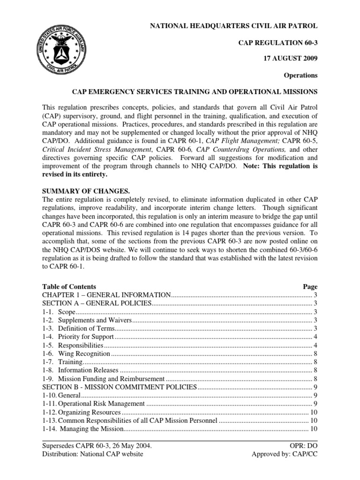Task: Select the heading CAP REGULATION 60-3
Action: (x=278, y=43)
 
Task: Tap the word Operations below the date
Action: (x=301, y=75)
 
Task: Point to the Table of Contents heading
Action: (x=69, y=286)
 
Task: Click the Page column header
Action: (x=310, y=286)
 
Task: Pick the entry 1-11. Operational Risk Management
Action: (x=93, y=404)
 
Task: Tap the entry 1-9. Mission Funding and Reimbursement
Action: (x=103, y=379)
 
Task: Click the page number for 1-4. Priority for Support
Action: (x=315, y=337)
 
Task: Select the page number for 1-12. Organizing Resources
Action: (x=314, y=412)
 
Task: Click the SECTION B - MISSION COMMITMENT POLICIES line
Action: (x=120, y=387)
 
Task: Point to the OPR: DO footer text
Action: (x=304, y=445)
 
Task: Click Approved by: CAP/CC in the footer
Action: (x=285, y=454)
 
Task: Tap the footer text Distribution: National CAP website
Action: (x=93, y=454)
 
